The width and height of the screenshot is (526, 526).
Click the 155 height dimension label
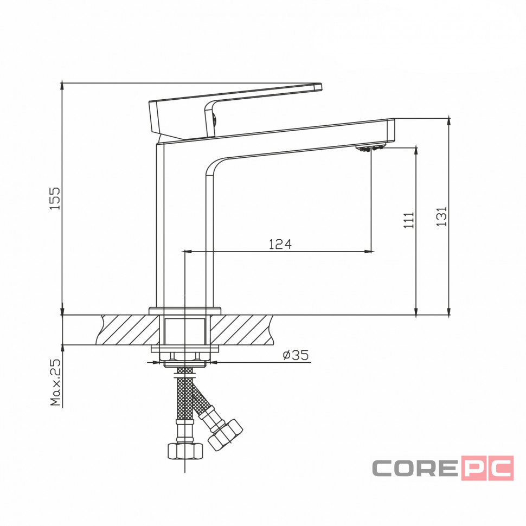tap(55, 198)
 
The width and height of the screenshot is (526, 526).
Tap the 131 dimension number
tap(441, 216)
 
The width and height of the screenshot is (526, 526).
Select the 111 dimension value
tap(408, 220)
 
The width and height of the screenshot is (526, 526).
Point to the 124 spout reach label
tap(280, 244)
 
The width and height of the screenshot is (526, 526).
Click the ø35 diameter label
tap(296, 355)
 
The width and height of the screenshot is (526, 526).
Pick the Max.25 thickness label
tap(55, 382)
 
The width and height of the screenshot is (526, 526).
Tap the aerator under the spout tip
tap(371, 148)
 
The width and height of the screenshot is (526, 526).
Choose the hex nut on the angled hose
tap(225, 434)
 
